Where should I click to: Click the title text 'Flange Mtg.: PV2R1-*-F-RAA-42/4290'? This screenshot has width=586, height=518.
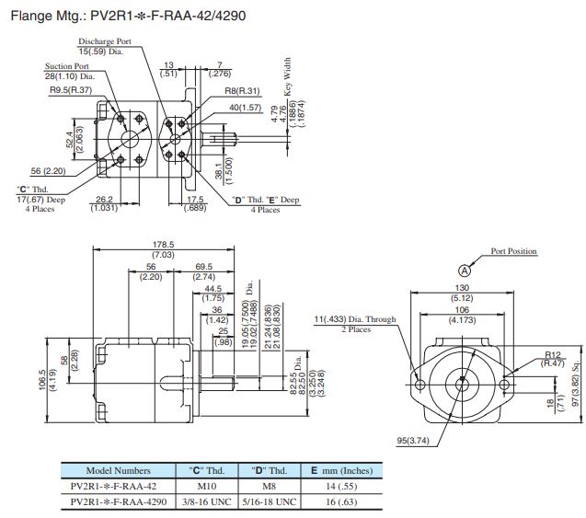tap(126, 16)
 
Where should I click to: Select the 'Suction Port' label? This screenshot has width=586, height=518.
tap(68, 66)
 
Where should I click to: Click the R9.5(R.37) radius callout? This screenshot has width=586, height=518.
tap(68, 91)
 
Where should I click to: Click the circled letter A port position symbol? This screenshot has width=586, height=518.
tap(465, 270)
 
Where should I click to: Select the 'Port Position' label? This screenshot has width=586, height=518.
tap(513, 251)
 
